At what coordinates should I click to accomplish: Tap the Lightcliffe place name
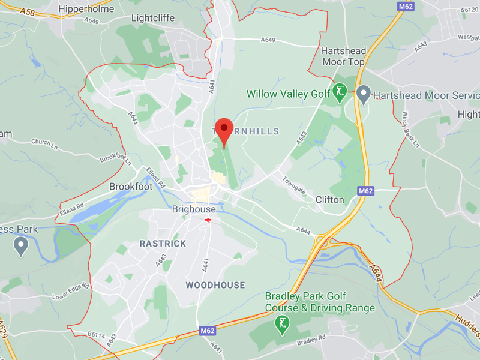[155, 19]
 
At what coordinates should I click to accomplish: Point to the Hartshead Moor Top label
[343, 56]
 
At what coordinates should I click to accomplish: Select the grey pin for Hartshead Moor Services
[362, 94]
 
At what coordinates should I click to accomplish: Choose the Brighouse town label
[194, 209]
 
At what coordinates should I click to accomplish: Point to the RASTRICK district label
[163, 244]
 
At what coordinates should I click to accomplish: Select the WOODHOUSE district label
[215, 285]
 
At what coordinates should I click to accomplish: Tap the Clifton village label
[330, 200]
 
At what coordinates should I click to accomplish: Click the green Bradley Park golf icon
[281, 325]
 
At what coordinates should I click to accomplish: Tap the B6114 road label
[96, 335]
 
